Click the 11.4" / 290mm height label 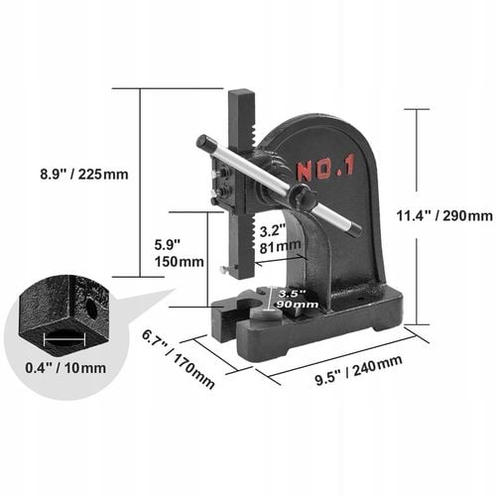[443, 215]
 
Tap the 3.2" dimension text [272, 227]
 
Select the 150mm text [179, 262]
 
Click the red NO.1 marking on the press [324, 170]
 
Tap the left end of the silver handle [203, 142]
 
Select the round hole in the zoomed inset [91, 309]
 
